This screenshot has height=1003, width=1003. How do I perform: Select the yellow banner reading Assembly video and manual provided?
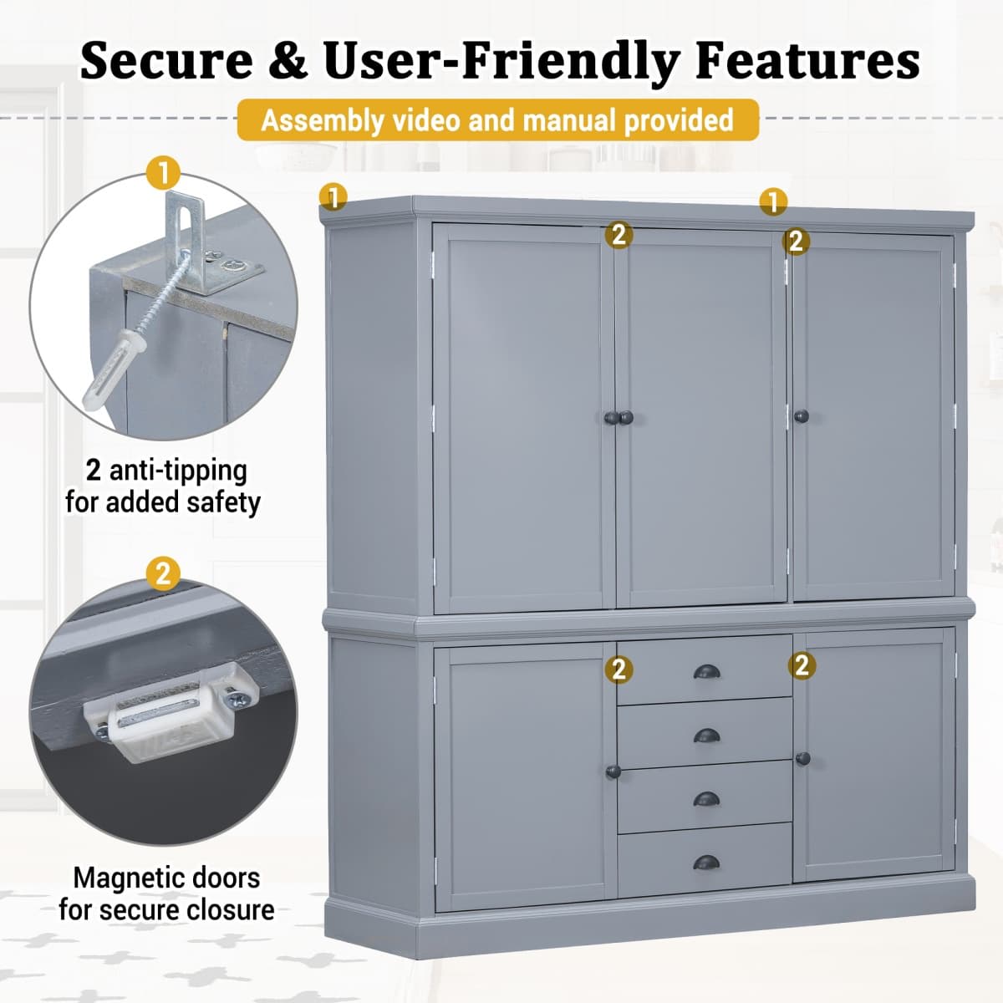pos(497,120)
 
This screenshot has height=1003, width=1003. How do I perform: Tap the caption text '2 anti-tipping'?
pos(166,470)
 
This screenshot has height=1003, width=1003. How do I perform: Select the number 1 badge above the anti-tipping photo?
pos(163,173)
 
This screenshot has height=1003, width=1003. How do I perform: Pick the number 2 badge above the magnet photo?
pos(163,573)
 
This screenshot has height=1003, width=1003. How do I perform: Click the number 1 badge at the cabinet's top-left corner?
pos(333,198)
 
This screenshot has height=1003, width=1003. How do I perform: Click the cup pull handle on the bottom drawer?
pos(705,862)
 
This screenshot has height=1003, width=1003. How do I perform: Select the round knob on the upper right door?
pos(802,415)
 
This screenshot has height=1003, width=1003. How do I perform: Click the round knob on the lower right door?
pos(803,758)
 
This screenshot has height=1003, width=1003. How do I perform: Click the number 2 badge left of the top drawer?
pos(619,669)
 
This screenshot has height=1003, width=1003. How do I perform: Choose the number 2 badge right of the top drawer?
pos(802,665)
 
